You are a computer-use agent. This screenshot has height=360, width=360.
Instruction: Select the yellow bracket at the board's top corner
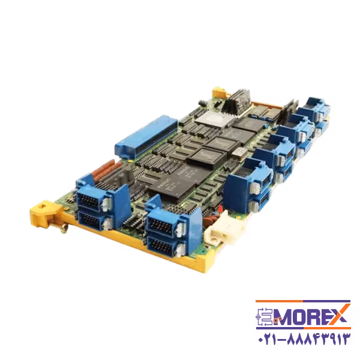pos(219,93)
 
